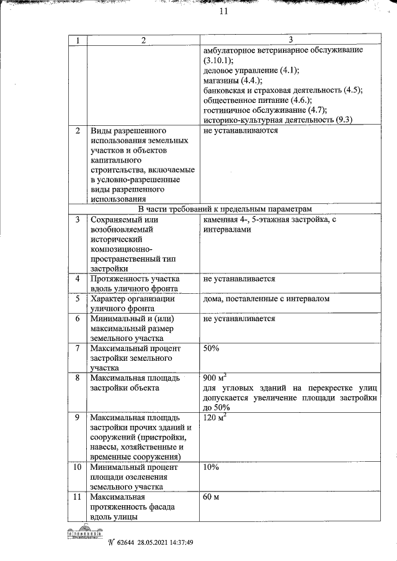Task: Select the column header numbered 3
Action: click(290, 40)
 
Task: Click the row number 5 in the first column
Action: click(78, 299)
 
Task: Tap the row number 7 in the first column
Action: click(78, 348)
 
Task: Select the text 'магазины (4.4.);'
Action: click(233, 80)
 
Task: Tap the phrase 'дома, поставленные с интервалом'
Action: click(266, 299)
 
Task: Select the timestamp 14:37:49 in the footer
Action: click(181, 542)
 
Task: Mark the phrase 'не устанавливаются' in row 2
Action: click(240, 131)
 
